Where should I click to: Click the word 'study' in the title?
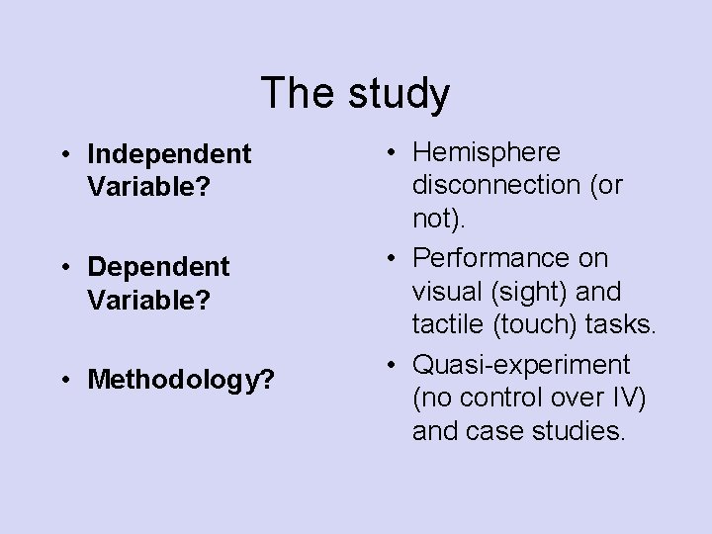399,95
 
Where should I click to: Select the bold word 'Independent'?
169,154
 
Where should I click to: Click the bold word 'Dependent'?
158,266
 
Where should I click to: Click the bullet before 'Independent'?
63,155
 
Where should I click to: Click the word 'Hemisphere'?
486,152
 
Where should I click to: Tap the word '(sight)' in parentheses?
539,293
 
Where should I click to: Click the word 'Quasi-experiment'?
520,365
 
